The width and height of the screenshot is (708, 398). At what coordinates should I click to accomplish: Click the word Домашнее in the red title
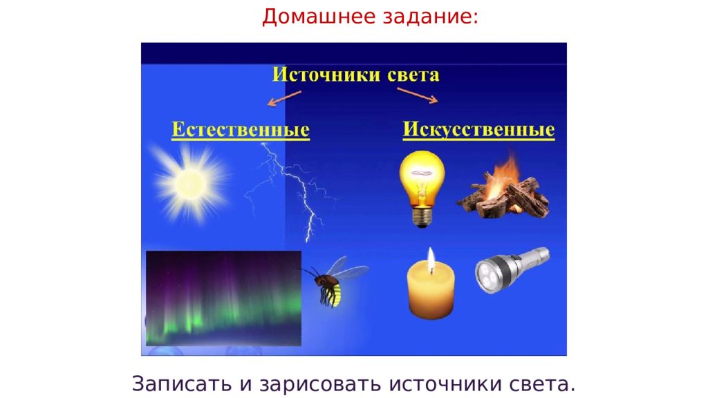[319, 17]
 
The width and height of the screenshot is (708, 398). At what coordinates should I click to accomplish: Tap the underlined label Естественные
[241, 130]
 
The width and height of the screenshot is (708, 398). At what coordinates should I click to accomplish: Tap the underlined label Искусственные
[478, 130]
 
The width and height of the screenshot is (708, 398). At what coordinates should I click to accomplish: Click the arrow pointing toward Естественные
[284, 98]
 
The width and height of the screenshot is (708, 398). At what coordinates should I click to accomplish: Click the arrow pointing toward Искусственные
[417, 95]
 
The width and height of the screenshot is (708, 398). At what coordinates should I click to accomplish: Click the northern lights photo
[223, 298]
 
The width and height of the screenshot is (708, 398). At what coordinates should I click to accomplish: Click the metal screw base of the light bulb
[422, 216]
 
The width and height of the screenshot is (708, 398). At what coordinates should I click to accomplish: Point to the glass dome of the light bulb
[422, 177]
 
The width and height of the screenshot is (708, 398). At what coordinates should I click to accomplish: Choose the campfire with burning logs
[503, 188]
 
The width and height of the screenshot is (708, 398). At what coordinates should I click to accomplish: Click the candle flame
[431, 260]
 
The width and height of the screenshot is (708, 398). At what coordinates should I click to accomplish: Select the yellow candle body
[431, 292]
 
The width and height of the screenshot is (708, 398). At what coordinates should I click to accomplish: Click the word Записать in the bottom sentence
[182, 383]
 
